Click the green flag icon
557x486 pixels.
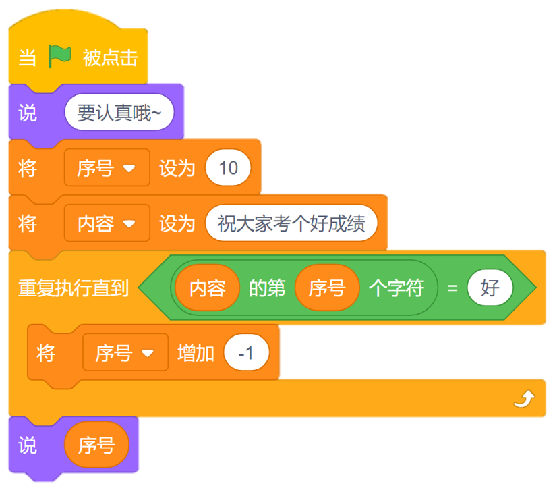(60, 57)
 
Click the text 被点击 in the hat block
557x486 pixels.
(110, 58)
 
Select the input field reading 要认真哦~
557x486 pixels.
(119, 113)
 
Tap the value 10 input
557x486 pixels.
(229, 168)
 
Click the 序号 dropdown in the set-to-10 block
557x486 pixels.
(107, 168)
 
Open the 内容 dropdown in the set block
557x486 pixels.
(107, 223)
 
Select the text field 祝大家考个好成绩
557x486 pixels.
(291, 223)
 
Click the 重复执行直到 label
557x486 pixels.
(73, 288)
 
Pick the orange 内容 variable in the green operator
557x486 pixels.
(208, 288)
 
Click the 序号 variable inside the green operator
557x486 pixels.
(327, 288)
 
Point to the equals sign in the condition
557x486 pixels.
(452, 288)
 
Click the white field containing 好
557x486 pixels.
(490, 288)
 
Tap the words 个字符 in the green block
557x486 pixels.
(397, 288)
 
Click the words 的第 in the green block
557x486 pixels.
(267, 288)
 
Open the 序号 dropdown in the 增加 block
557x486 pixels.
(125, 352)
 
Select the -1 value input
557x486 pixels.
(246, 352)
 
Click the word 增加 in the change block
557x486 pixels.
(196, 352)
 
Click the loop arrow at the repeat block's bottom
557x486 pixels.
(523, 400)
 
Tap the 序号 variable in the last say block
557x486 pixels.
(96, 446)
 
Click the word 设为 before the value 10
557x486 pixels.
(177, 168)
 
